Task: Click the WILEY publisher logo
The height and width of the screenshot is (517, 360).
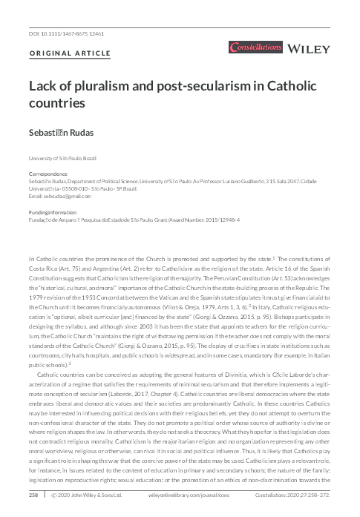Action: click(x=312, y=49)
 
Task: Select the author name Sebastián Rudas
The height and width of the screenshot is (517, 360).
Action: click(x=62, y=131)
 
